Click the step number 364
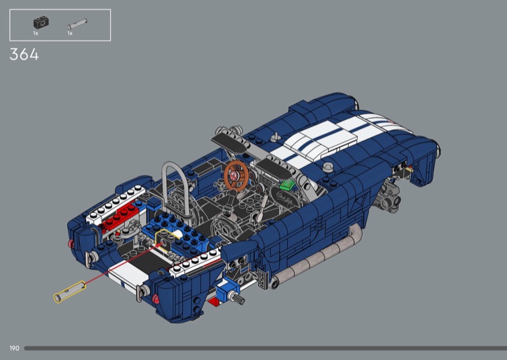[x=24, y=55]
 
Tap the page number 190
[x=14, y=349]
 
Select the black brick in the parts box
[x=41, y=23]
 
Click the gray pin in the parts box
[x=77, y=24]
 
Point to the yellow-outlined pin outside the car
[x=70, y=292]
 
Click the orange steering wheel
[x=236, y=175]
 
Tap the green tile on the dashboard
[x=287, y=185]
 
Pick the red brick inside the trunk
[x=120, y=215]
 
